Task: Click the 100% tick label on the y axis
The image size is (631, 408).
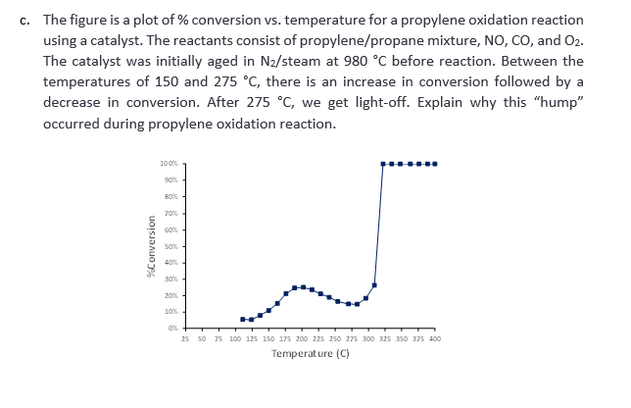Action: [169, 164]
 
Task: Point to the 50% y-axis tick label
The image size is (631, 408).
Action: [170, 246]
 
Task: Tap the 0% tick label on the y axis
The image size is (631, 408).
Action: [172, 328]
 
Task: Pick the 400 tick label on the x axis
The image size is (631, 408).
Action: [434, 338]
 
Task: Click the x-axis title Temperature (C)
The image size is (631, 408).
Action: [311, 353]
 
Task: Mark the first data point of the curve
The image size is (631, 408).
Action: [243, 319]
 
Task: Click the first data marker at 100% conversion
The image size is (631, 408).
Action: [383, 164]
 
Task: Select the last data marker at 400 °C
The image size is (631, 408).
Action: [435, 164]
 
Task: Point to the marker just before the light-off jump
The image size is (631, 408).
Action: [374, 284]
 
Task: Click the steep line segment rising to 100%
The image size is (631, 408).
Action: [379, 226]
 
